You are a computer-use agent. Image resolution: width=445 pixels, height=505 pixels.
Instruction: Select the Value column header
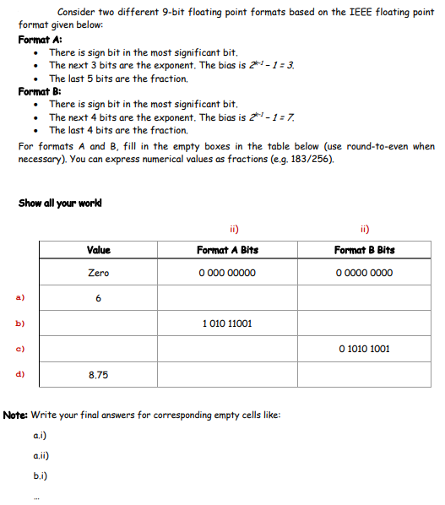click(x=98, y=250)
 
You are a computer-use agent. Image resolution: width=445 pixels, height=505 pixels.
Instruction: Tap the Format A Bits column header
click(x=227, y=250)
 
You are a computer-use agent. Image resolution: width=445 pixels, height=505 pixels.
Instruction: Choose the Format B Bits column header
click(x=364, y=250)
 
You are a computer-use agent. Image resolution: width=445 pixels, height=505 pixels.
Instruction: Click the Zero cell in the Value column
click(x=98, y=273)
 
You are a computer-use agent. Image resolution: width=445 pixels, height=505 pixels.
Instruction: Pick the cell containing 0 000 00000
click(x=227, y=273)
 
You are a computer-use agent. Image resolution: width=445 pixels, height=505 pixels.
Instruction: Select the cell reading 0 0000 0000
click(x=364, y=273)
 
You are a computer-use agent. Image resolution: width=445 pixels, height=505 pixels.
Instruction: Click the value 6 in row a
click(x=98, y=298)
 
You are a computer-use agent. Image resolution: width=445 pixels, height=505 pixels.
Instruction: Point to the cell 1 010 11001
click(x=227, y=323)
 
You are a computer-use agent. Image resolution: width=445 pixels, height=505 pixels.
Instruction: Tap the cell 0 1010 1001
click(x=364, y=348)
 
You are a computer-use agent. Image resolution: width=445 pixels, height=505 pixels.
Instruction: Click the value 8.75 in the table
click(x=98, y=373)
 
